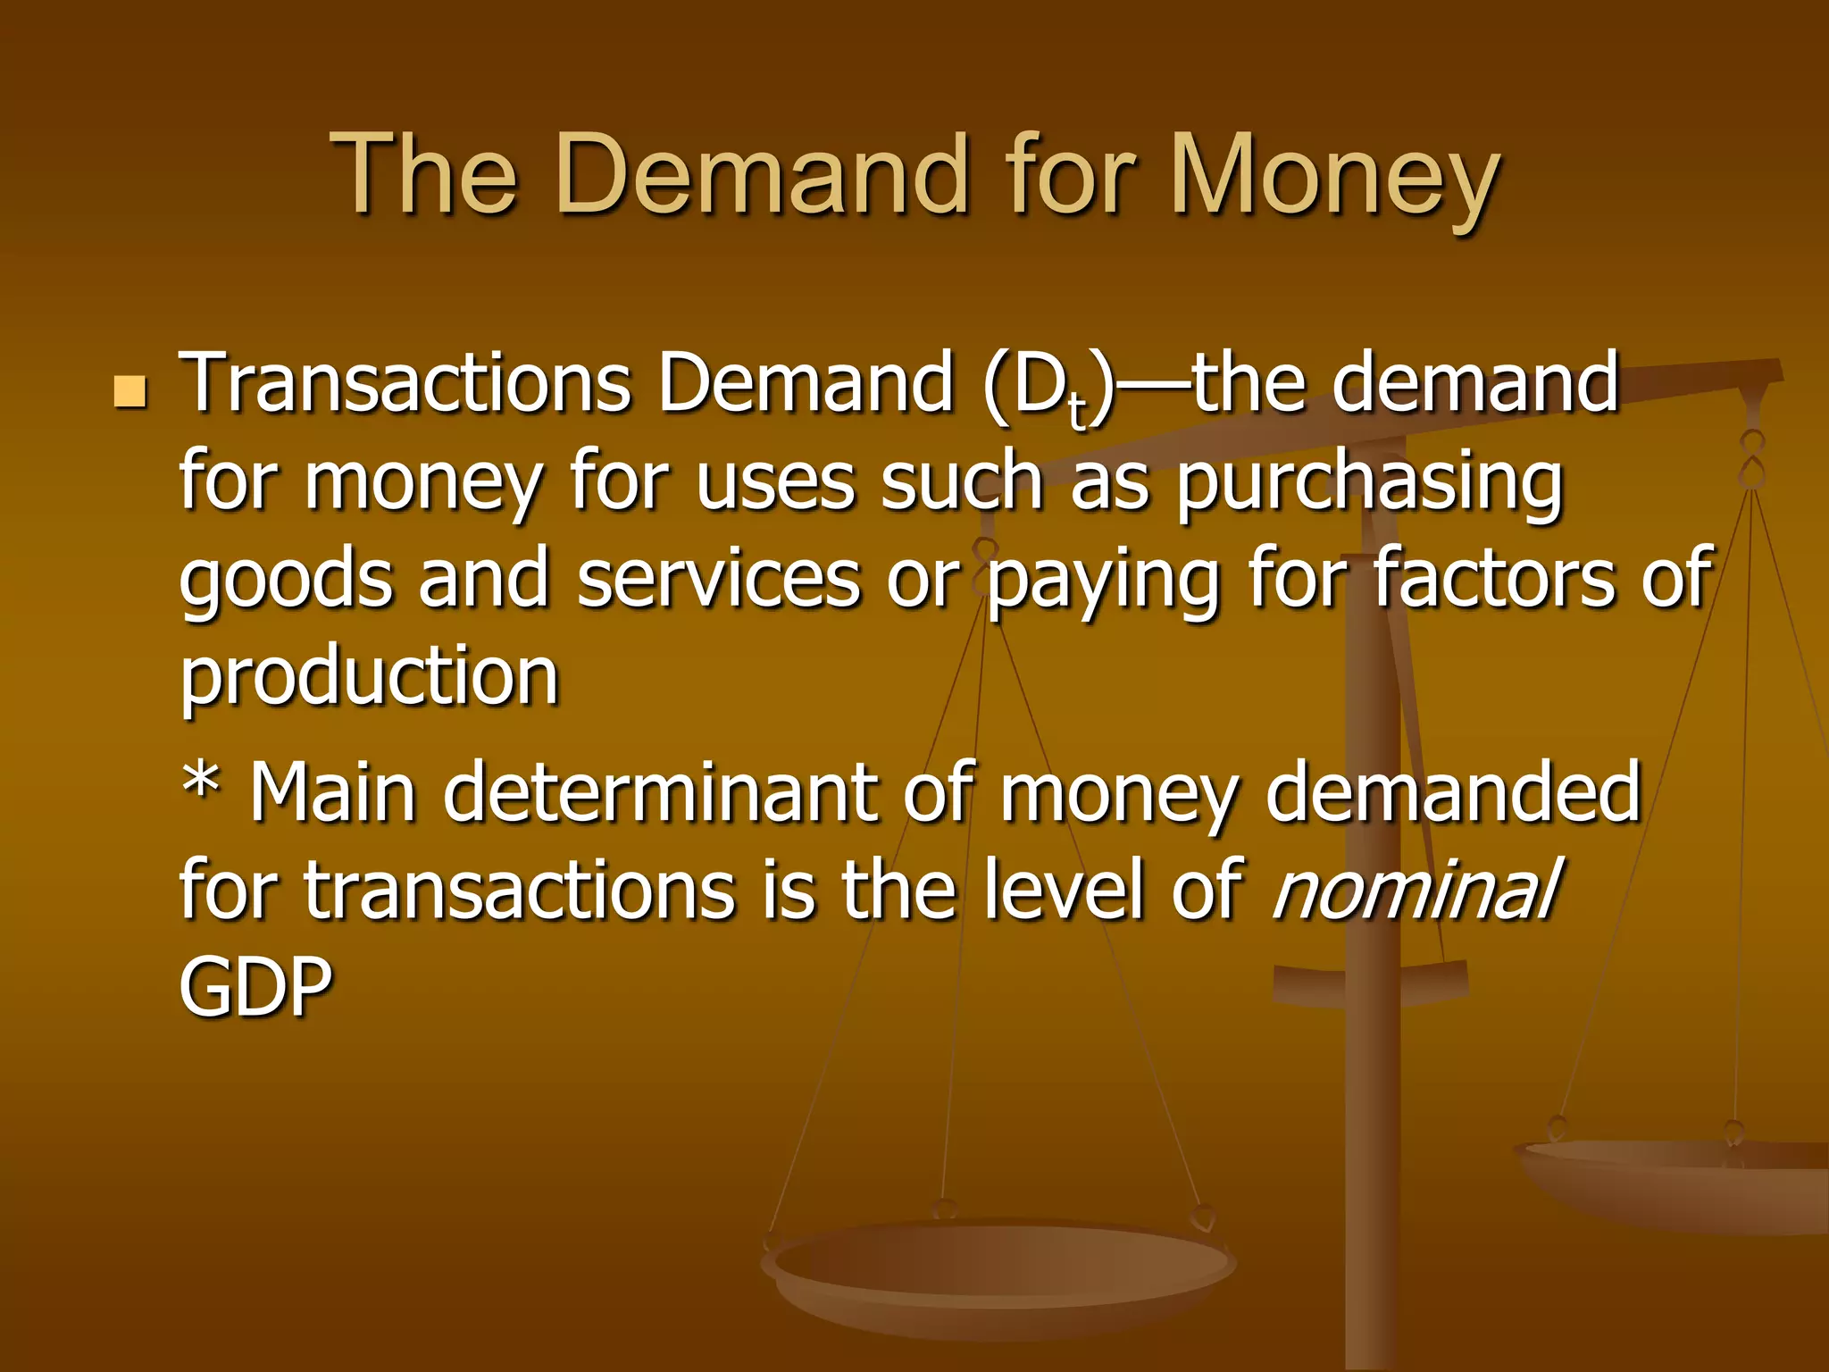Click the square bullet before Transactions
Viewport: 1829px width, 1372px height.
[130, 391]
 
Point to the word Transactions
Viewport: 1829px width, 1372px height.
[406, 384]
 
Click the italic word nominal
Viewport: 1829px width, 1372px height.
[1416, 890]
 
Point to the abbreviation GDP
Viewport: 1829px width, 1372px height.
[255, 986]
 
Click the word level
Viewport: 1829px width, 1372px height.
[1064, 890]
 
